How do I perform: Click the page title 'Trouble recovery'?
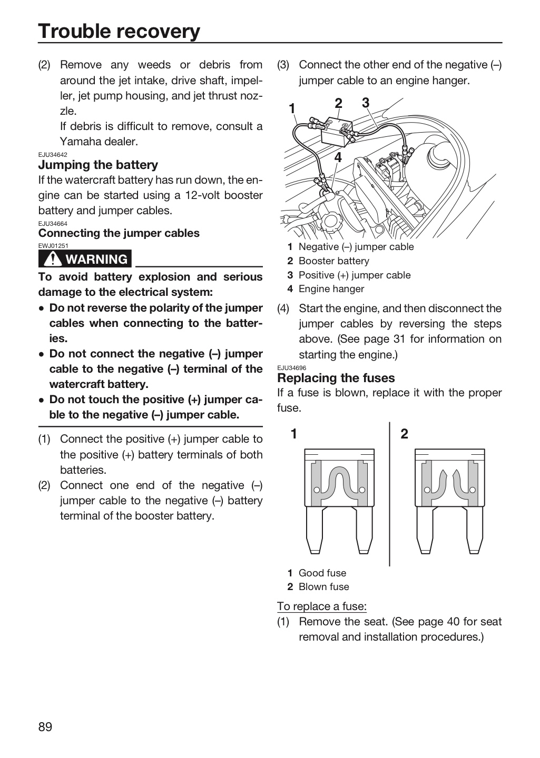click(119, 31)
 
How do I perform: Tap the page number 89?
click(45, 726)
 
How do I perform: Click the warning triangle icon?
click(53, 259)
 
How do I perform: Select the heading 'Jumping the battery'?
click(98, 165)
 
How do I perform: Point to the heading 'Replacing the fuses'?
click(336, 377)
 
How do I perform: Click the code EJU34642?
click(53, 155)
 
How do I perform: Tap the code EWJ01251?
click(53, 246)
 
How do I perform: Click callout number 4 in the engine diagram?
click(338, 157)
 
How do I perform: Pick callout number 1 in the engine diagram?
click(292, 108)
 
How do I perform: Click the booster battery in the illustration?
click(336, 132)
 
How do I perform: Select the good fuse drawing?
click(339, 501)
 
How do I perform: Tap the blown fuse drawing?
click(450, 501)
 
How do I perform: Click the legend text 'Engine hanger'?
click(331, 289)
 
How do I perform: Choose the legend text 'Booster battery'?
click(334, 261)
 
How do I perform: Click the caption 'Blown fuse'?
click(324, 587)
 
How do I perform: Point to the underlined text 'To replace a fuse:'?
click(322, 606)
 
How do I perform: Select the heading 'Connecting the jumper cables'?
click(119, 233)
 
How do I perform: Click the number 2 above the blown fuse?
click(404, 434)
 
